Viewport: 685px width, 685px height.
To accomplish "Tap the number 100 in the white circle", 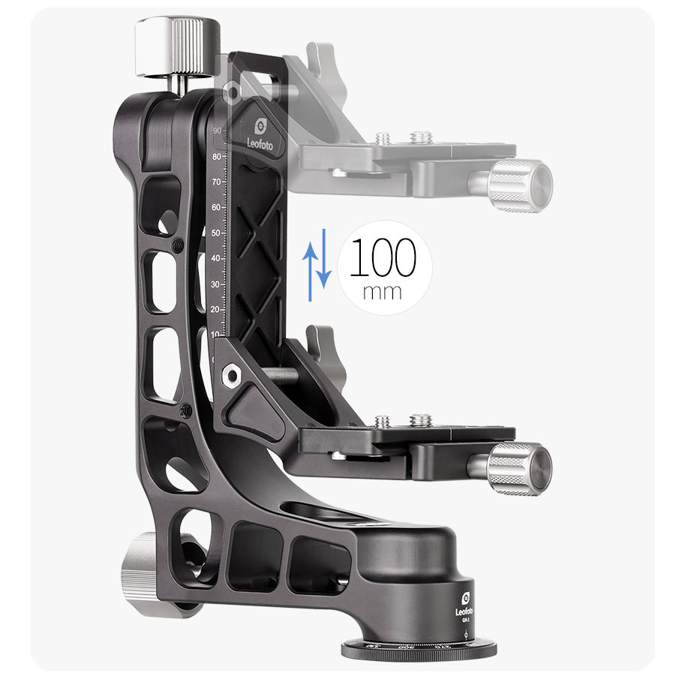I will click(x=383, y=259).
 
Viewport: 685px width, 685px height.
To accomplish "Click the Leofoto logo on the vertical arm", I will click(x=263, y=131).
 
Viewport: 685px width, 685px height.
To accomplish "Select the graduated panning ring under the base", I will click(x=420, y=649).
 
